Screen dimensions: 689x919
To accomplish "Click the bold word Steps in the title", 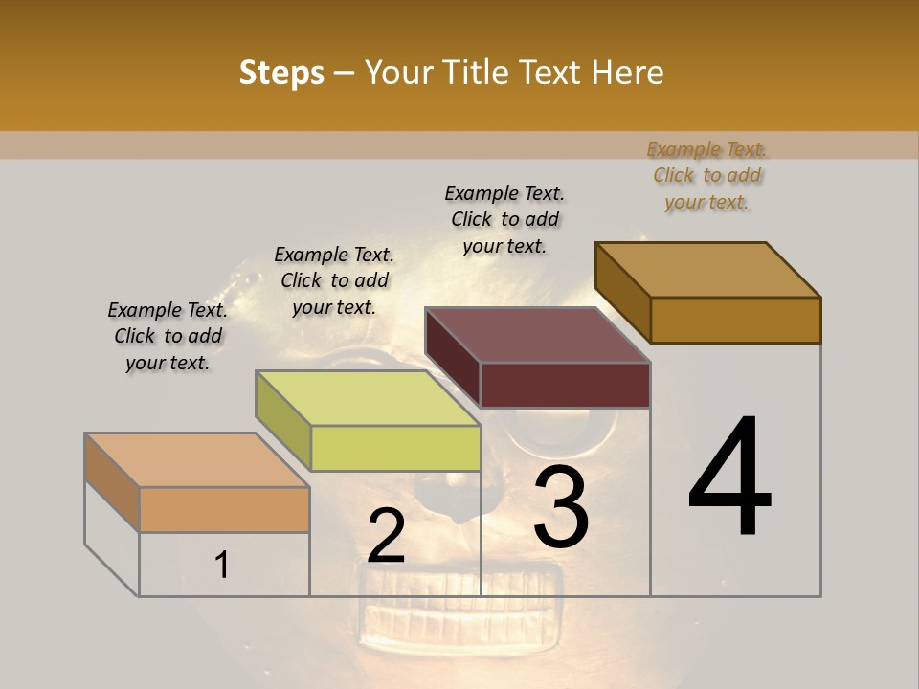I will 281,73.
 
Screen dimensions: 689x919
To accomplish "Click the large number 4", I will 729,478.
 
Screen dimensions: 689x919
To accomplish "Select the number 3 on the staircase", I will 561,507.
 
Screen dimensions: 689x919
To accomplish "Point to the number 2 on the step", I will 386,537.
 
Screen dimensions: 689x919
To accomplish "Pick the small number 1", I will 221,566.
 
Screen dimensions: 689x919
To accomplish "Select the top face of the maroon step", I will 536,335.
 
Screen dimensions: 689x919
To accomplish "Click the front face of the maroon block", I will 565,385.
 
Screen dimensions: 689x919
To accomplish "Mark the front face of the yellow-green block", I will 395,449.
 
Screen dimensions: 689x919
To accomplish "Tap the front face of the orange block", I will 224,509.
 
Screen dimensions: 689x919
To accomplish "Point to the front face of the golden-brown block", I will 735,320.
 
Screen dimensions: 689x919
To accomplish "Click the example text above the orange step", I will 168,337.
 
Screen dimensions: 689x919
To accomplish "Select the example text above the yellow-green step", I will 334,281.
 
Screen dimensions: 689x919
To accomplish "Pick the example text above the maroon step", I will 504,219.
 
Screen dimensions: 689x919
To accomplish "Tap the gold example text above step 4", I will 706,176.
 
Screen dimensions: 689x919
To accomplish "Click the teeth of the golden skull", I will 459,598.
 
